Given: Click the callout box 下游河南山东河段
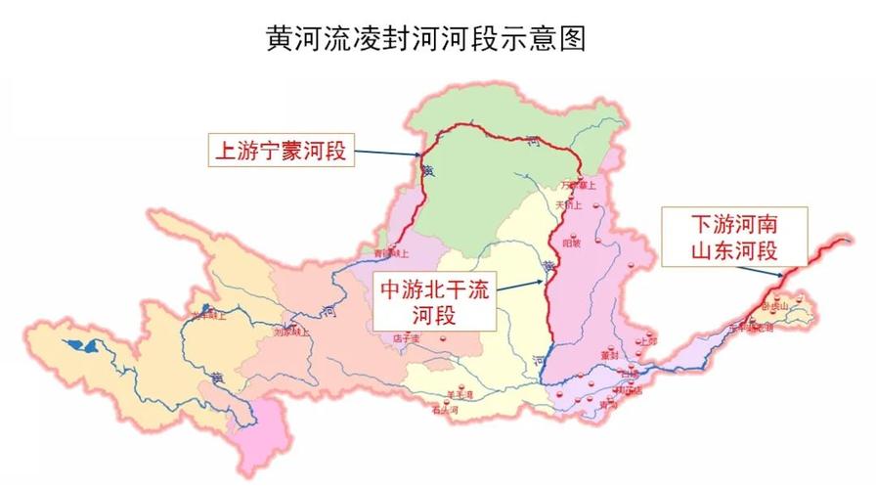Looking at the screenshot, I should pyautogui.click(x=732, y=236).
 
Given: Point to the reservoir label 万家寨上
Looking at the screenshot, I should pyautogui.click(x=580, y=185).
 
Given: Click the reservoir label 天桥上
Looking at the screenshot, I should pyautogui.click(x=569, y=206).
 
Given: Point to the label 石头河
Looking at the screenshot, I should pyautogui.click(x=446, y=411).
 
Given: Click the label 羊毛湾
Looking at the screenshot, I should pyautogui.click(x=460, y=394).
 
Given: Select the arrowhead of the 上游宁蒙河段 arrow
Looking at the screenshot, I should pyautogui.click(x=421, y=156).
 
